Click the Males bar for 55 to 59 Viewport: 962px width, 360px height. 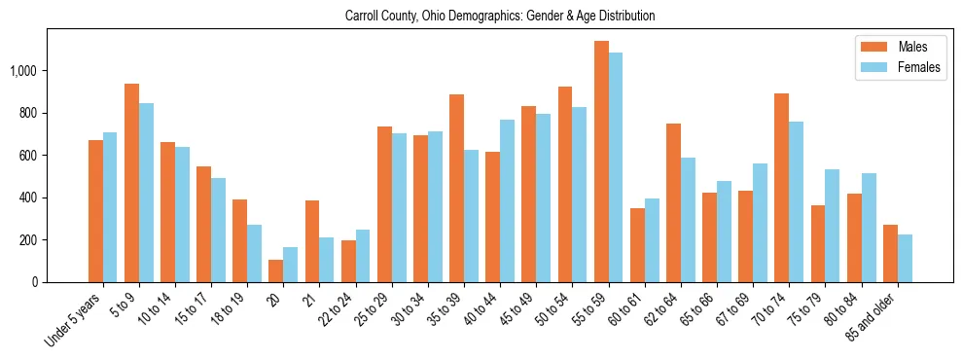click(x=602, y=162)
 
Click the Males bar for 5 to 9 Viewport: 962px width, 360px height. click(x=132, y=183)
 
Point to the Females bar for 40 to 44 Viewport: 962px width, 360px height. click(x=508, y=200)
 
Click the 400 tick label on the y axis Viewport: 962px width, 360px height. click(x=28, y=198)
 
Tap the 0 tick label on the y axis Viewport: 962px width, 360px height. click(x=35, y=282)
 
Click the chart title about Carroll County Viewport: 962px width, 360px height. click(x=500, y=17)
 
